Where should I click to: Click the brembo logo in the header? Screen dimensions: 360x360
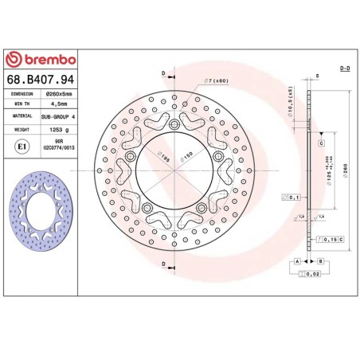[x=41, y=59]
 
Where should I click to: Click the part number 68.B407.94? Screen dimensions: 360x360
[x=41, y=78]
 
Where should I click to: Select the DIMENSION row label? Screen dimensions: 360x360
[x=22, y=93]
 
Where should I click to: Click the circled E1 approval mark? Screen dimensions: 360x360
[x=22, y=146]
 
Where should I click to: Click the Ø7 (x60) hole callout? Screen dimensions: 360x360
[x=217, y=81]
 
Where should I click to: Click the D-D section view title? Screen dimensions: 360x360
[x=344, y=70]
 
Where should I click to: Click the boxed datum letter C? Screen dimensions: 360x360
[x=320, y=143]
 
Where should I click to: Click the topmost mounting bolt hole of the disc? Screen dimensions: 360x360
[x=174, y=122]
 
